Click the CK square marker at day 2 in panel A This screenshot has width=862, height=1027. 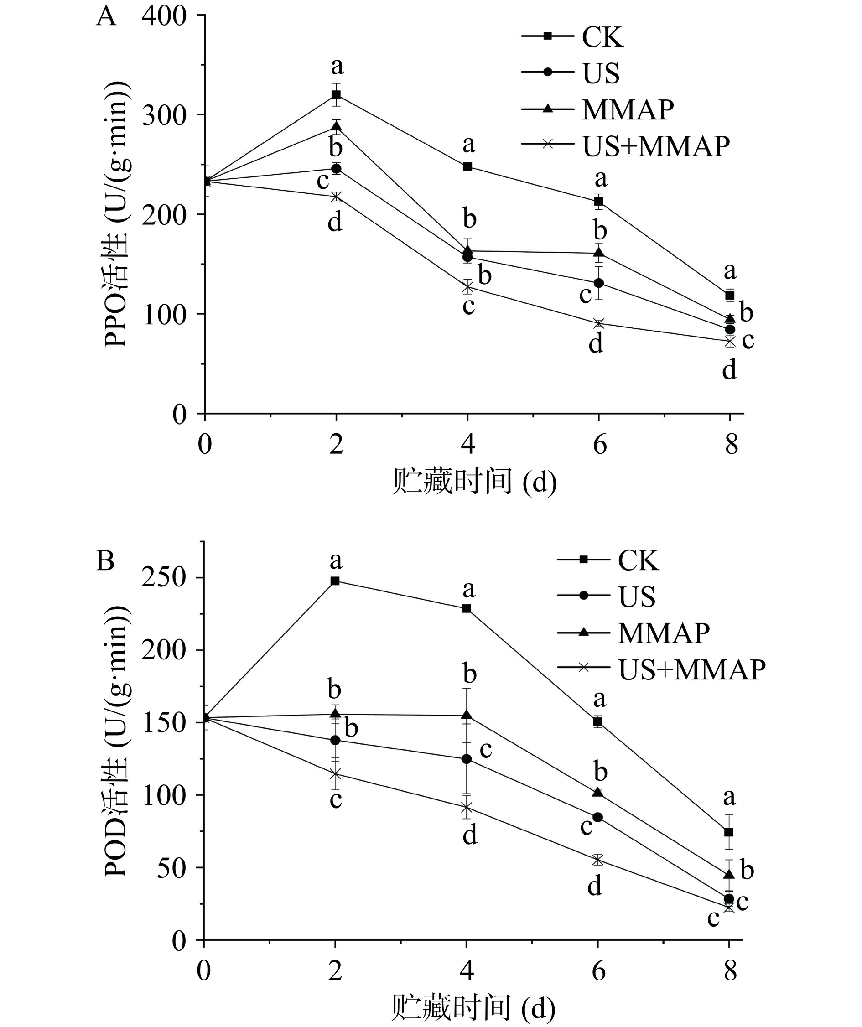(x=336, y=94)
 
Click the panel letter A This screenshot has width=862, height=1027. (x=106, y=17)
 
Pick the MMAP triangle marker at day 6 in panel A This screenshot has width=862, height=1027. (x=598, y=253)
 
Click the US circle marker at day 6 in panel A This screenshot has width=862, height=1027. (x=598, y=283)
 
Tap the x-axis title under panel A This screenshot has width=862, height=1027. (x=474, y=482)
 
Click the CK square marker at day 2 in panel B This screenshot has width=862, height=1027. (x=335, y=581)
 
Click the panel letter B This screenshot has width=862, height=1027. (x=105, y=561)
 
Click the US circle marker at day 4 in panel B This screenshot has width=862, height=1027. (x=467, y=759)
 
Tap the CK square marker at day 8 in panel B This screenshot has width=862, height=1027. (x=729, y=832)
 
